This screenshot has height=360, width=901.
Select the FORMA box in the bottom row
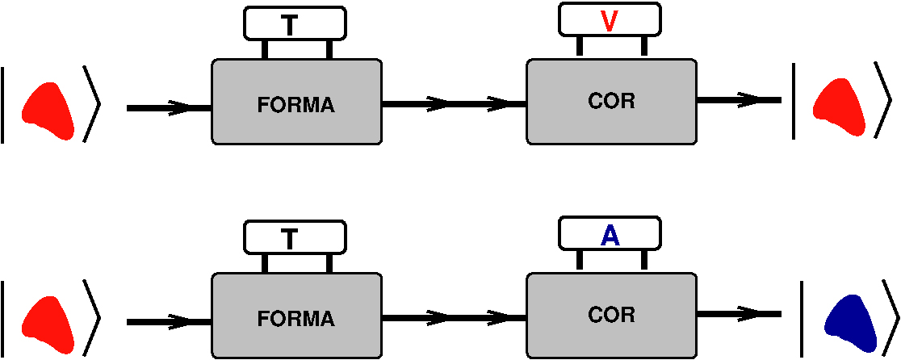[x=296, y=316]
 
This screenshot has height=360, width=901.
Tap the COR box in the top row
[x=611, y=101]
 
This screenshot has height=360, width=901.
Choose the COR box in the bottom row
[x=611, y=314]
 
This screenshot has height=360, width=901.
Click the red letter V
[x=610, y=21]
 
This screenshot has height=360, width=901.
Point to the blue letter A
[x=610, y=235]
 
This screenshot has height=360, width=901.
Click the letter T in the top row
[x=291, y=25]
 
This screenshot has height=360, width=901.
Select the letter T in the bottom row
[x=291, y=238]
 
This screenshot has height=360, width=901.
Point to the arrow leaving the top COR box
[x=740, y=100]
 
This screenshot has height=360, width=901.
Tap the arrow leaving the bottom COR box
[x=740, y=314]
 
